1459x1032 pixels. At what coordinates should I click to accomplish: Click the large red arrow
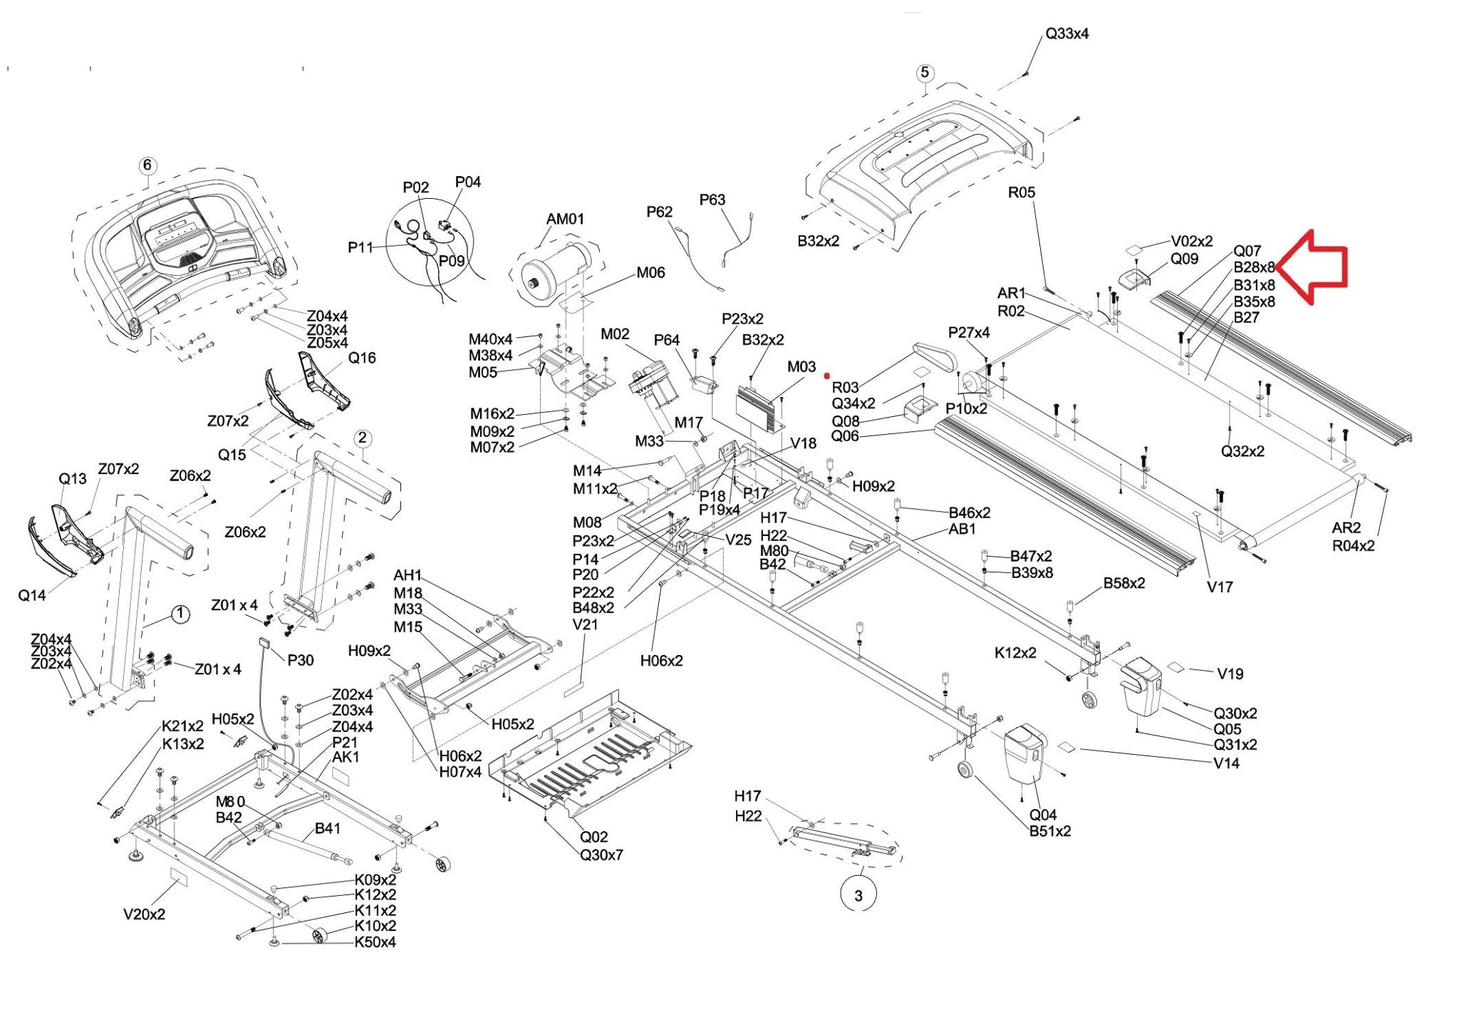[x=1315, y=267]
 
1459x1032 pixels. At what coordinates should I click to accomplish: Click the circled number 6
[x=147, y=165]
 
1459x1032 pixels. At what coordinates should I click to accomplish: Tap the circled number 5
[x=925, y=73]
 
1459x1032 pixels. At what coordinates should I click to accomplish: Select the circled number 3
[x=858, y=896]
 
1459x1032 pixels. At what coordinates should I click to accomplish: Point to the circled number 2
[x=363, y=438]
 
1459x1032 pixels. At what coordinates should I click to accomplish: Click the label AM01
[x=565, y=219]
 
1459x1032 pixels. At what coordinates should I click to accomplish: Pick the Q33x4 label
[x=1066, y=33]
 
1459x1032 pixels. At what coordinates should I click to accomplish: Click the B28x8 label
[x=1254, y=267]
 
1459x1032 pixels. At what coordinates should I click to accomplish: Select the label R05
[x=1021, y=192]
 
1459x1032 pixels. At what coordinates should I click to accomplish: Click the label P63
[x=712, y=200]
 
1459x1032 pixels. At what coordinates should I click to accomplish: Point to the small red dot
[x=827, y=376]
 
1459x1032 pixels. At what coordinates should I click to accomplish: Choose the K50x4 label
[x=375, y=942]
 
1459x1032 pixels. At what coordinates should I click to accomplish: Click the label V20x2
[x=144, y=914]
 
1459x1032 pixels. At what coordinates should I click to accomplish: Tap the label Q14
[x=32, y=595]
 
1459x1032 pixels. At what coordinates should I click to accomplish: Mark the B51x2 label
[x=1049, y=831]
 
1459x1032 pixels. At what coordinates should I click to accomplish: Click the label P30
[x=300, y=660]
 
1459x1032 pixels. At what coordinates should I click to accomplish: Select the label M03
[x=801, y=366]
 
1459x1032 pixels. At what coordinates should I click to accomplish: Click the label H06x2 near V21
[x=661, y=661]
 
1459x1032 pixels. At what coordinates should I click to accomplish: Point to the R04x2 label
[x=1353, y=546]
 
